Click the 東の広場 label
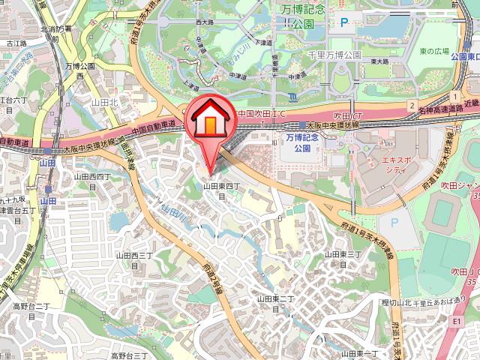click(x=433, y=51)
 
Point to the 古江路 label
click(x=14, y=44)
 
